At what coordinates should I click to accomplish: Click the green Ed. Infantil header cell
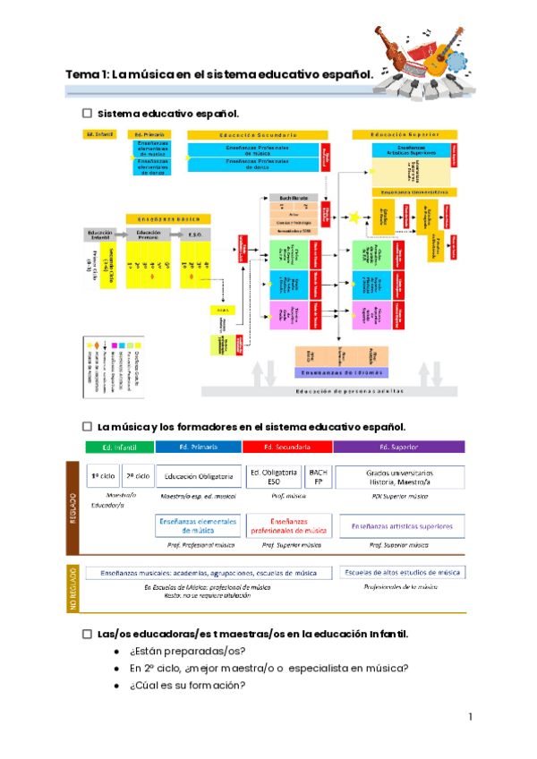(x=120, y=446)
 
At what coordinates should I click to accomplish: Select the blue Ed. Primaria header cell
(x=197, y=446)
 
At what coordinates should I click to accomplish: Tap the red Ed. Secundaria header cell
(x=287, y=446)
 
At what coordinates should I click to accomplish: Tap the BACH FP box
(x=317, y=476)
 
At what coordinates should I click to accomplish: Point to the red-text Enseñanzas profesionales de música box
(x=286, y=525)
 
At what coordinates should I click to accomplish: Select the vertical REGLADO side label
(x=74, y=507)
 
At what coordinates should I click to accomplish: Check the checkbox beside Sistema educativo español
(x=88, y=114)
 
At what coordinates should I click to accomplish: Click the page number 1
(x=470, y=718)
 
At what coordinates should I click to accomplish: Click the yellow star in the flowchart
(x=355, y=217)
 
